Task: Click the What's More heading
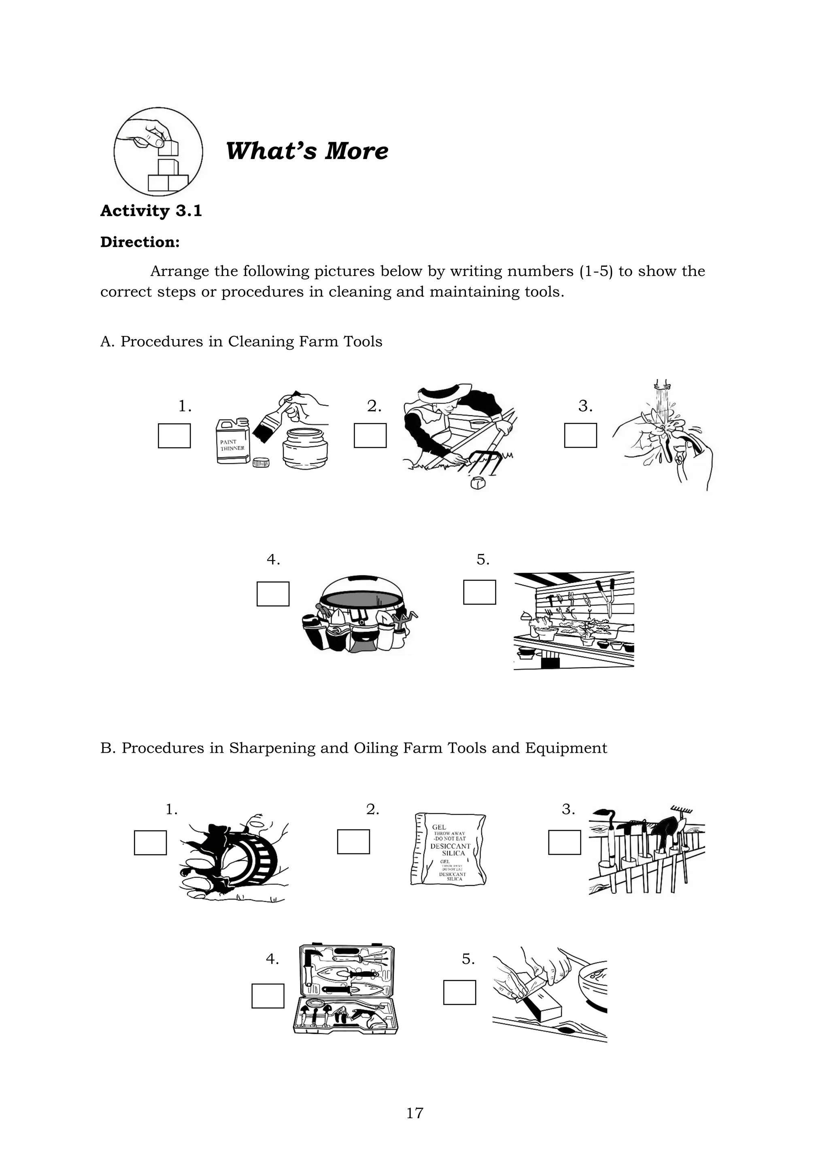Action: [307, 151]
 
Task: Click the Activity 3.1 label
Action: [151, 211]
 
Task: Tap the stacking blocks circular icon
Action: [158, 152]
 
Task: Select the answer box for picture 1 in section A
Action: [174, 435]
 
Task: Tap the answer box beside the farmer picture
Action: [370, 435]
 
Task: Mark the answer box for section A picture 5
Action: [479, 592]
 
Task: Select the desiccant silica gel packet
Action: [448, 849]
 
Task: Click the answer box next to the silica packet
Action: [353, 842]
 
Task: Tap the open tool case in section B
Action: [346, 989]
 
